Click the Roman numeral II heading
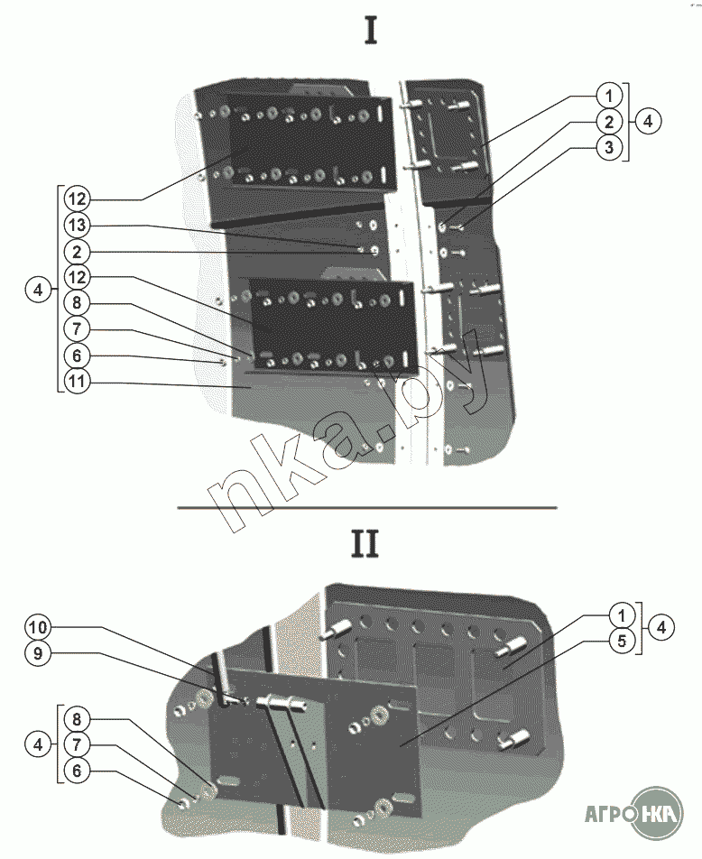[365, 544]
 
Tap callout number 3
[610, 148]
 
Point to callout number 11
[77, 382]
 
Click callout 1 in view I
[610, 95]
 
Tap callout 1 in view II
[621, 614]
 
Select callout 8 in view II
[77, 720]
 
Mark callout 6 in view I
[77, 355]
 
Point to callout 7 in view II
[77, 746]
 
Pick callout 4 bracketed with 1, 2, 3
[648, 121]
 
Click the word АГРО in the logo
[602, 810]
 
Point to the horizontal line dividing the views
[366, 507]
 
